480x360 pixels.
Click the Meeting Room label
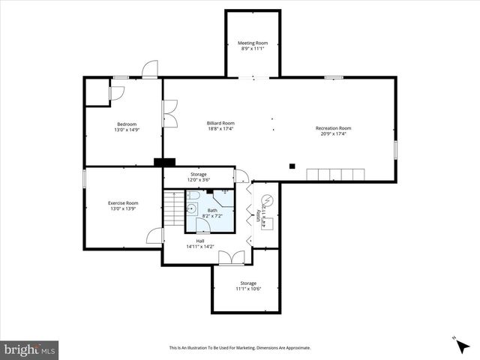pyautogui.click(x=253, y=43)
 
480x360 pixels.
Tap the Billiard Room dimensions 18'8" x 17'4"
pyautogui.click(x=220, y=129)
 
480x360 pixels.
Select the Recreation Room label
pyautogui.click(x=333, y=127)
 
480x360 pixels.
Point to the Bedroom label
pyautogui.click(x=126, y=124)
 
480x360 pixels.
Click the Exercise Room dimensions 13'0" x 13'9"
pyautogui.click(x=123, y=208)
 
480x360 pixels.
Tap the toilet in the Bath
pyautogui.click(x=193, y=196)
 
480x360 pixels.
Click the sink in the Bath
pyautogui.click(x=192, y=211)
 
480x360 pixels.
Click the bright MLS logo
pyautogui.click(x=29, y=349)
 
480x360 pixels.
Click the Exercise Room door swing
pyautogui.click(x=154, y=235)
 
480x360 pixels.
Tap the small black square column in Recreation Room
pyautogui.click(x=292, y=166)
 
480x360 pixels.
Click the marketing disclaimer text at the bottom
pyautogui.click(x=239, y=348)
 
